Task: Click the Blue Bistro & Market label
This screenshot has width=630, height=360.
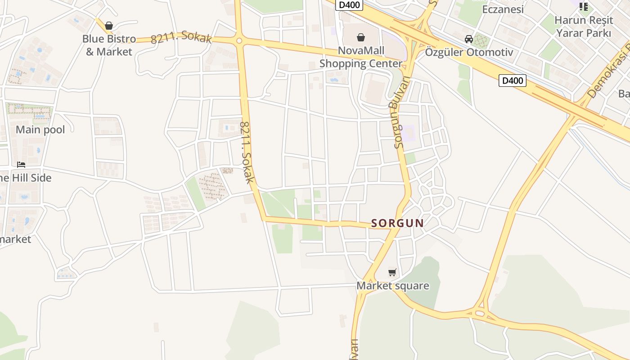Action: click(x=109, y=45)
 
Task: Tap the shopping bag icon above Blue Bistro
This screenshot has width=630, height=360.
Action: click(x=108, y=26)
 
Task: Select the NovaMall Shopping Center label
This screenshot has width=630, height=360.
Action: click(x=361, y=57)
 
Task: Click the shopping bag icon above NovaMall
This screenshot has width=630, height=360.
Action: click(x=360, y=37)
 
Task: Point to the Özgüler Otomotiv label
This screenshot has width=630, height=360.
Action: click(x=469, y=52)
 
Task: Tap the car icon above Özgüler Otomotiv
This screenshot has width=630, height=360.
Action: click(x=469, y=39)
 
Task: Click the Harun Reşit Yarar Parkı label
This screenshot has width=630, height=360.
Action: click(x=584, y=27)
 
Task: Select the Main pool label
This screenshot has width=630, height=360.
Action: click(x=40, y=130)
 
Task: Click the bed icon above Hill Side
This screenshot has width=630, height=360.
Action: click(x=21, y=165)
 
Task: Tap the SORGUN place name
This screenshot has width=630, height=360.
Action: click(x=397, y=223)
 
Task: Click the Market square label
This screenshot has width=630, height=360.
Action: click(x=392, y=286)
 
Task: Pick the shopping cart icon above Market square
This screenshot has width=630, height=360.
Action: click(x=392, y=272)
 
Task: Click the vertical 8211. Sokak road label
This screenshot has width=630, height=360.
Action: click(x=247, y=153)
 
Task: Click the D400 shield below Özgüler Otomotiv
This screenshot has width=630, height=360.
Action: click(x=512, y=81)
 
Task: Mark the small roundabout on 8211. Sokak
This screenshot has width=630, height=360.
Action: click(x=239, y=41)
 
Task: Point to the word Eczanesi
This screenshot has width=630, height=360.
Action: click(x=503, y=9)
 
